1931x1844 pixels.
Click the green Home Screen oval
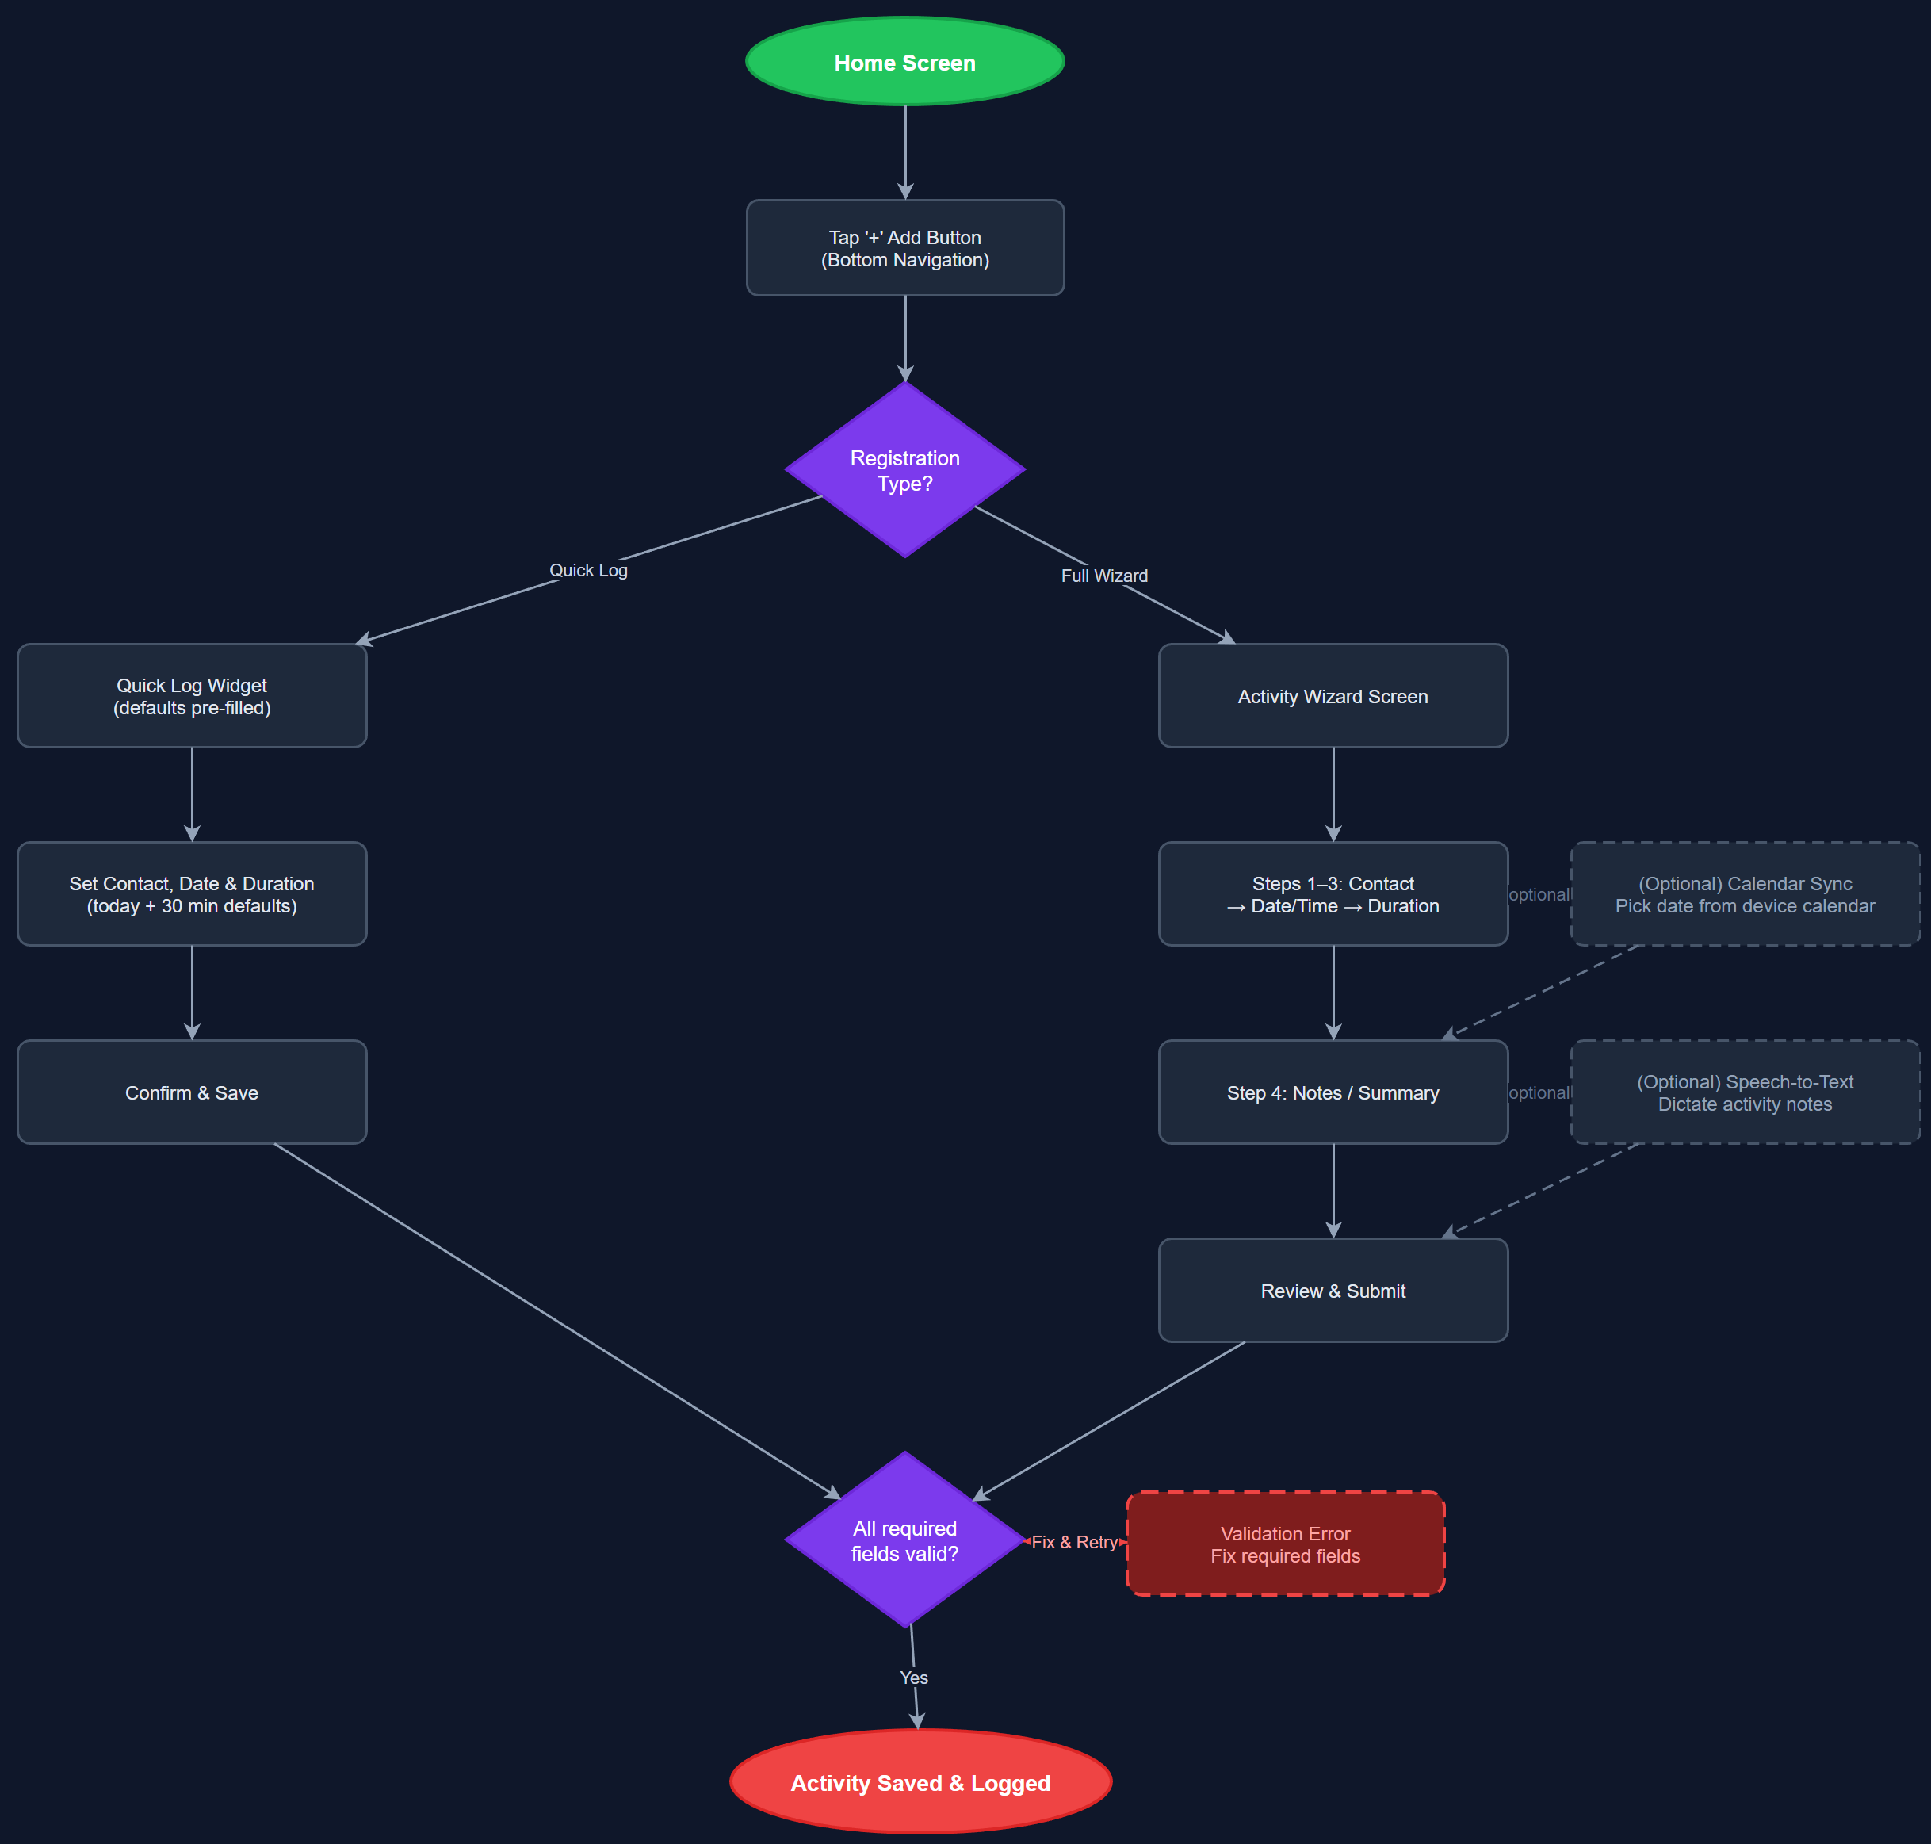[904, 62]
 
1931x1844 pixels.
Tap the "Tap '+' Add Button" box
[904, 247]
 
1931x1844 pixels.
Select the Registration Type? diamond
[904, 470]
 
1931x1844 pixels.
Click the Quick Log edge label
[587, 570]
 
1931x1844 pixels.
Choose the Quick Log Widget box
[192, 696]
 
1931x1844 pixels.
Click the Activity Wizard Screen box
[1333, 696]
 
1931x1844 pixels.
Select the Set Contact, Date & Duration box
[192, 894]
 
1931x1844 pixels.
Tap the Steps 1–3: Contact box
[1333, 894]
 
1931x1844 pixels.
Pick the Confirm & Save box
[192, 1092]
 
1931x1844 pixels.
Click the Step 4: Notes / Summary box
[1333, 1092]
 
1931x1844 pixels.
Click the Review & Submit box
[1333, 1291]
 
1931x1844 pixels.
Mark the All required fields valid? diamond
[904, 1540]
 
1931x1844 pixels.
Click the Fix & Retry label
[1074, 1542]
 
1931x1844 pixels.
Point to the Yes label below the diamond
[914, 1678]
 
